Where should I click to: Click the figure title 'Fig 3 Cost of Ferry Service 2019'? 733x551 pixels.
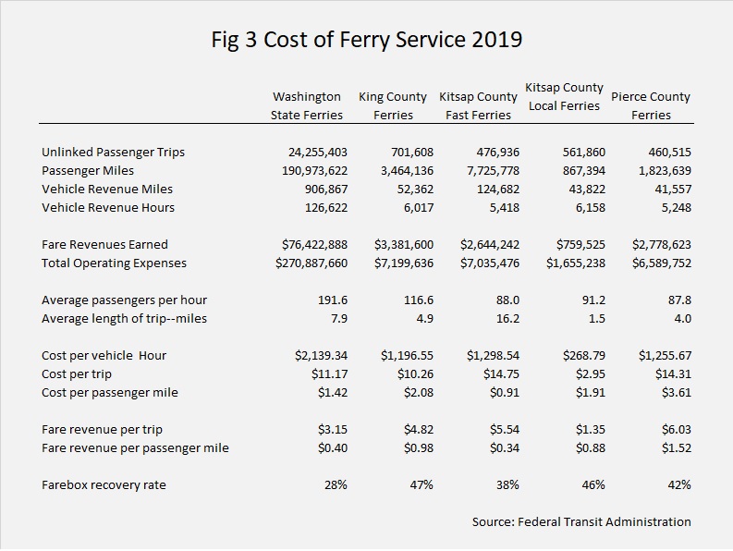tap(366, 40)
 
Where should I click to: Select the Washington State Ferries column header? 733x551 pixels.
tap(307, 105)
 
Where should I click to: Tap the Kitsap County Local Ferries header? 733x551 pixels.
tap(564, 96)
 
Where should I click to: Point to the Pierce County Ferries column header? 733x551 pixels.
tap(651, 105)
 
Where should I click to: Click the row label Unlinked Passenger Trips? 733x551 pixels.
tap(113, 152)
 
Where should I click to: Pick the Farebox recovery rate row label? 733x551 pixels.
tap(104, 484)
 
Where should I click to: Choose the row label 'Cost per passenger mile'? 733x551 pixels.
tap(110, 392)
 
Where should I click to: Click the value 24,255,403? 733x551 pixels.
tap(318, 153)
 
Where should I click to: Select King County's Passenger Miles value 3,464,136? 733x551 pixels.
tap(407, 171)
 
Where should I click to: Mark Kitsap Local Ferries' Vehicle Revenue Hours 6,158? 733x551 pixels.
tap(591, 208)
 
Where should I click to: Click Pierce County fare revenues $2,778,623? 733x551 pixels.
tap(662, 245)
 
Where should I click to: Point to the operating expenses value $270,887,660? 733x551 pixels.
tap(312, 263)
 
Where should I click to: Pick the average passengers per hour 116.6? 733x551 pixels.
tap(419, 300)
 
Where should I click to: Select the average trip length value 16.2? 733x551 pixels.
tap(507, 319)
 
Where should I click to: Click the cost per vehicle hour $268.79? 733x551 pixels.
tap(584, 356)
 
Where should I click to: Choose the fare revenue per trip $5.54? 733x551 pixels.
tap(505, 429)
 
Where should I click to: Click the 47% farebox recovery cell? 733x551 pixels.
tap(421, 485)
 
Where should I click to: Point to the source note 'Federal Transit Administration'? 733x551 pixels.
tap(605, 522)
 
